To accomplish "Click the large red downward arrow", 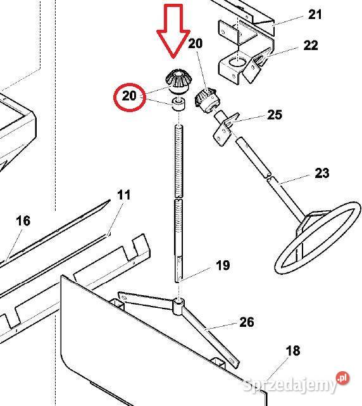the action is pyautogui.click(x=173, y=31).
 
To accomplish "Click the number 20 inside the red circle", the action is pyautogui.click(x=129, y=96).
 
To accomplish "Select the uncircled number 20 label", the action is pyautogui.click(x=195, y=44).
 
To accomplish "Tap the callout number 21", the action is pyautogui.click(x=315, y=15).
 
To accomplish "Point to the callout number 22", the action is pyautogui.click(x=311, y=46).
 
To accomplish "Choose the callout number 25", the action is pyautogui.click(x=275, y=115).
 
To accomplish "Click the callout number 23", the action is pyautogui.click(x=322, y=173).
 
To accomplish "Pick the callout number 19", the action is pyautogui.click(x=223, y=265).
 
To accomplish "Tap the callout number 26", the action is pyautogui.click(x=247, y=322).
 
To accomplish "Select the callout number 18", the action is pyautogui.click(x=292, y=351).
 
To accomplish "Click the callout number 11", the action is pyautogui.click(x=123, y=195).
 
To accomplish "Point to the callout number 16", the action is pyautogui.click(x=23, y=221).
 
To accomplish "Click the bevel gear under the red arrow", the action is pyautogui.click(x=178, y=81).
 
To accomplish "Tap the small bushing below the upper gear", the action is pyautogui.click(x=179, y=104).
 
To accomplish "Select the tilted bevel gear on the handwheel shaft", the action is pyautogui.click(x=206, y=101).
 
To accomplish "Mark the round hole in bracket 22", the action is pyautogui.click(x=237, y=62).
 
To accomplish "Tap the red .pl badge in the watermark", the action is pyautogui.click(x=342, y=378).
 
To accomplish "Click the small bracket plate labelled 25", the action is pyautogui.click(x=225, y=129).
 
